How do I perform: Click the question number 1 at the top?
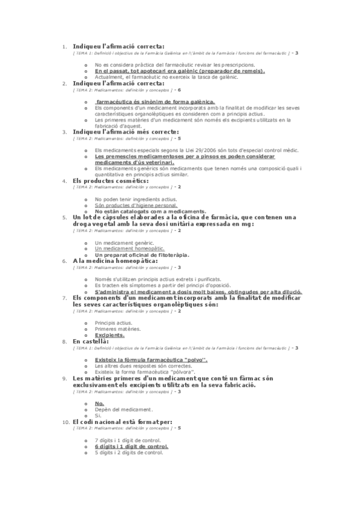(x=64, y=46)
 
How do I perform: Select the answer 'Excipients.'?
(x=109, y=335)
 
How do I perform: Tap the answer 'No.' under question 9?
(x=100, y=403)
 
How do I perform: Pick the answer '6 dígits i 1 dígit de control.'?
(x=131, y=447)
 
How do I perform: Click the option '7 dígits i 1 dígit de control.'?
(x=127, y=441)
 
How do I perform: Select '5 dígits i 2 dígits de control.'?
(x=129, y=453)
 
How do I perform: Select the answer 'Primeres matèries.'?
(x=117, y=329)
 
